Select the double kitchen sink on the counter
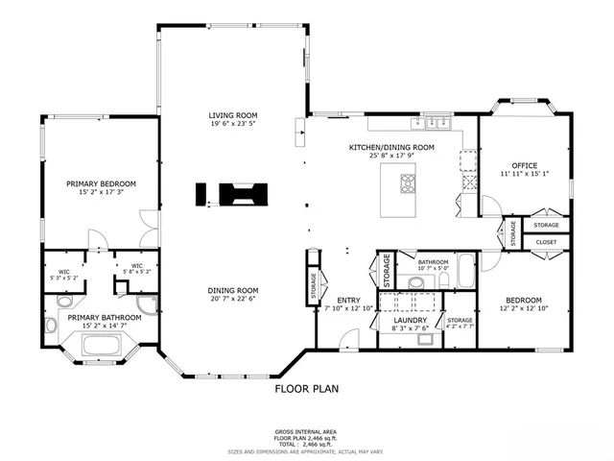coord(437,122)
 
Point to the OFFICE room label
coord(524,165)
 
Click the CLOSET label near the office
coord(545,242)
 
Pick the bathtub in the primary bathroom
coord(98,343)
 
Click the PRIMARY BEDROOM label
coord(101,183)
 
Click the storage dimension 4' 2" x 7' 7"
coord(460,327)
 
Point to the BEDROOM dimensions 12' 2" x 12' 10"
coord(524,308)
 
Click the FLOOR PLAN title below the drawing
coord(306,390)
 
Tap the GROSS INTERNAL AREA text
coord(307,432)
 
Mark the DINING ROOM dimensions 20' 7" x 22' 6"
coord(234,299)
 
